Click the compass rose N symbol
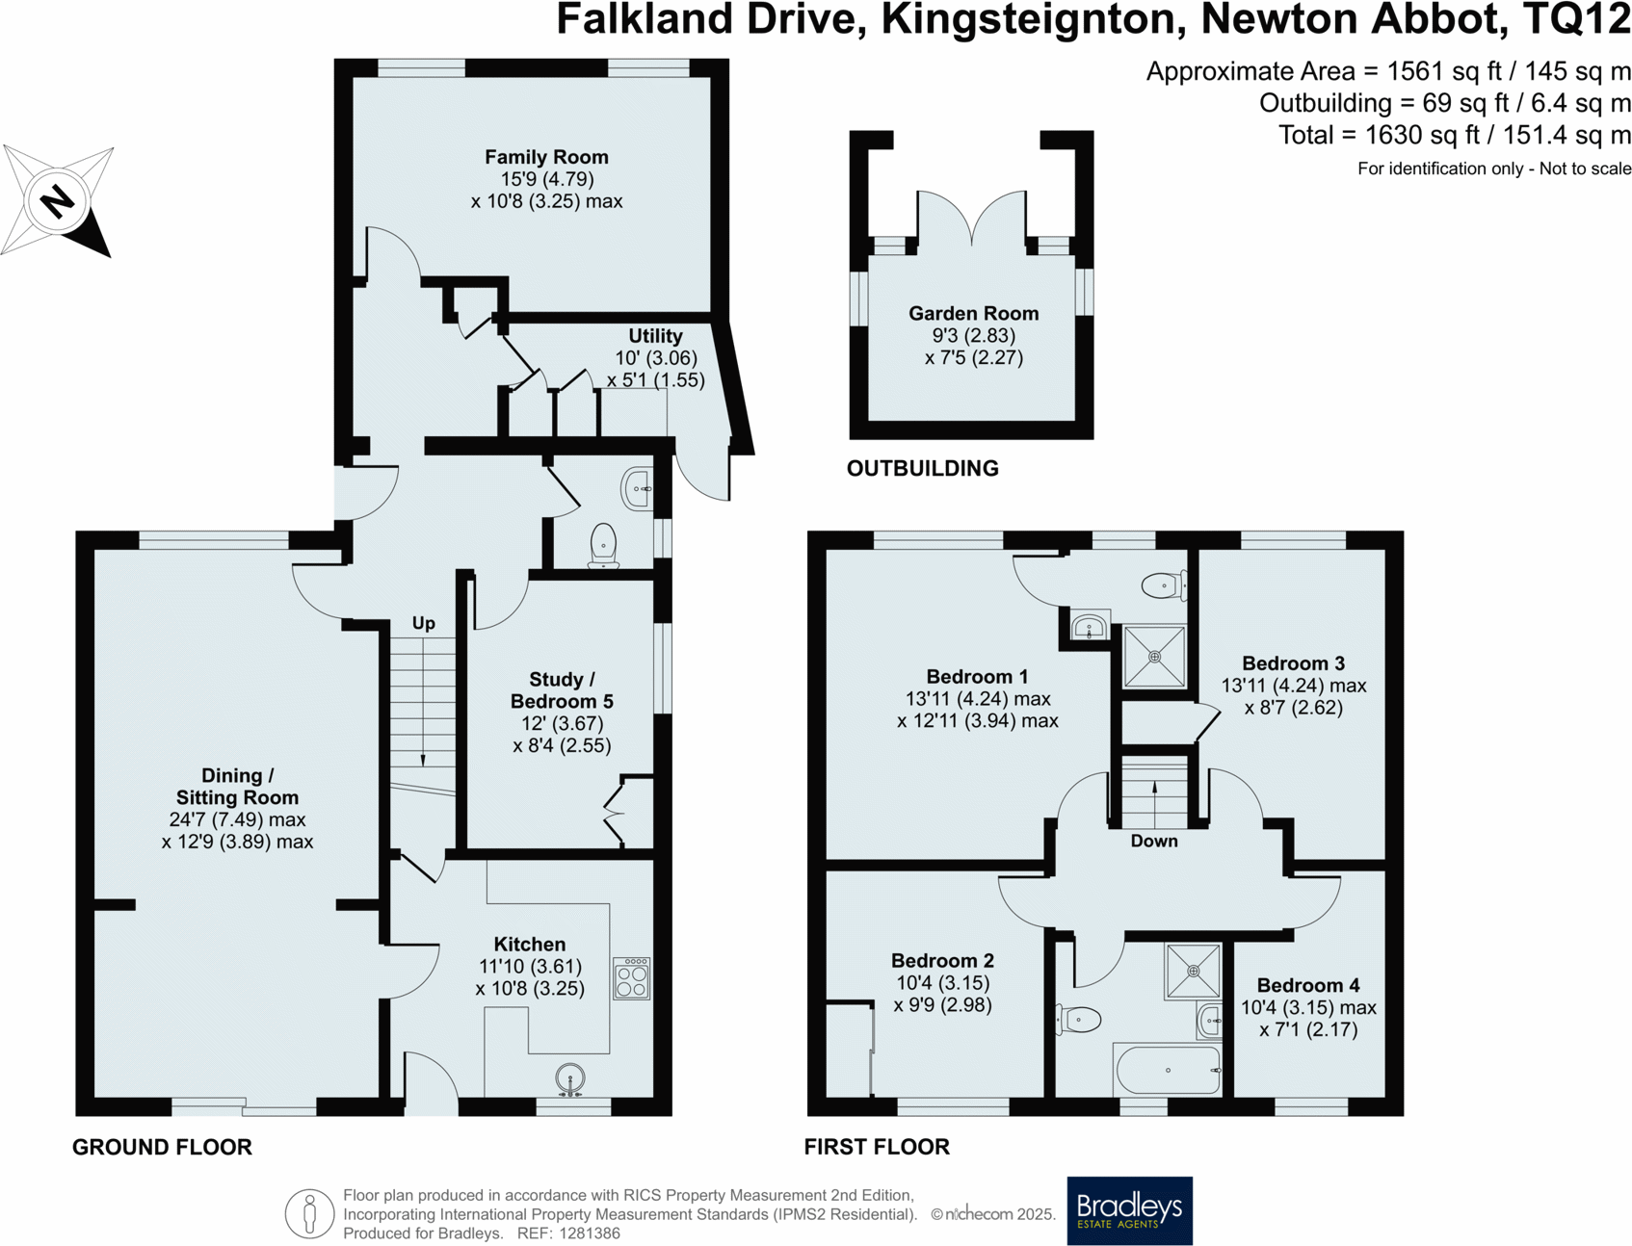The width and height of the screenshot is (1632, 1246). coord(57,202)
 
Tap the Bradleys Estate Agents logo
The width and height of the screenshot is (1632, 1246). coord(1129,1209)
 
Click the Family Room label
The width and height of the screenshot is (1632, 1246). coord(546,157)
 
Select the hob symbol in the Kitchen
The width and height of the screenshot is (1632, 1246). coord(632,979)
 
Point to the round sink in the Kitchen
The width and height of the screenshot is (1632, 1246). coord(570,1078)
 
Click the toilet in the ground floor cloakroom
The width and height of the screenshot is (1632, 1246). coord(603,545)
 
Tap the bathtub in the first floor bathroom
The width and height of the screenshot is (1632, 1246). coord(1168,1070)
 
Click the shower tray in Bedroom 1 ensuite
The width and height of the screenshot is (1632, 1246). coord(1154,657)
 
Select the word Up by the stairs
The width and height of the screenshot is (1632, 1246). coord(424,623)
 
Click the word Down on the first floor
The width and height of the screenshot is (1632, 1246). coord(1153,841)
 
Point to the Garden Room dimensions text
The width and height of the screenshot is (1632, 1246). coord(973,347)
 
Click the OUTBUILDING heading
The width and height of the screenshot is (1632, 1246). coord(922,469)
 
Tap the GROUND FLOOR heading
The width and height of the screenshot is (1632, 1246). coord(162,1147)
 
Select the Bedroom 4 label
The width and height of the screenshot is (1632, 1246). coord(1307,985)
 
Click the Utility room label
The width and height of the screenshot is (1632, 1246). coord(655,336)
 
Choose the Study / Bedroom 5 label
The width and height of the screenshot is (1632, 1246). coord(562,690)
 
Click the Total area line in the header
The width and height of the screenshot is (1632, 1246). coord(1454,136)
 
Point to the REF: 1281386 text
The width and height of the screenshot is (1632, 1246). coord(568,1233)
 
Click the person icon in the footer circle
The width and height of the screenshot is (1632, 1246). coord(309,1213)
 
